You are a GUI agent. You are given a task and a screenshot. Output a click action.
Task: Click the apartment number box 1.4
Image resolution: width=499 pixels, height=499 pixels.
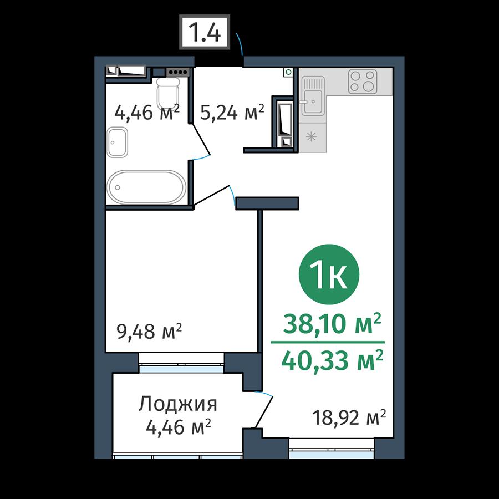pyautogui.click(x=204, y=32)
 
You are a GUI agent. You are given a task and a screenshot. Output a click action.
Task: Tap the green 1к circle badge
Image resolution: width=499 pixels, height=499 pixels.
pyautogui.click(x=329, y=274)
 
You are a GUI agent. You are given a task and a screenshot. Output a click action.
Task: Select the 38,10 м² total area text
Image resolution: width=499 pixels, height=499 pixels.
pyautogui.click(x=332, y=323)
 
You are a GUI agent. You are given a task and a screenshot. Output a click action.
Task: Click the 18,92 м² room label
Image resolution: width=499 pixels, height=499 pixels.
pyautogui.click(x=349, y=417)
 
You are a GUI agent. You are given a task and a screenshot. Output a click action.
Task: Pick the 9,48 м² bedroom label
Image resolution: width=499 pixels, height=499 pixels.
pyautogui.click(x=150, y=332)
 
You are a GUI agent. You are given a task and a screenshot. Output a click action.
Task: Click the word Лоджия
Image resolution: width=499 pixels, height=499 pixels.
pyautogui.click(x=178, y=404)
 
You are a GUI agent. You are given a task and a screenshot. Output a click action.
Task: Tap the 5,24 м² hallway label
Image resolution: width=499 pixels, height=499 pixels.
pyautogui.click(x=232, y=112)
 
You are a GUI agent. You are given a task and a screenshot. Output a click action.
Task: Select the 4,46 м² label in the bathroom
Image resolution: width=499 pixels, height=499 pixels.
pyautogui.click(x=147, y=112)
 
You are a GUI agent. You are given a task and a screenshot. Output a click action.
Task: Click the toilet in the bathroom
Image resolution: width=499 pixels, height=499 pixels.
pyautogui.click(x=168, y=93)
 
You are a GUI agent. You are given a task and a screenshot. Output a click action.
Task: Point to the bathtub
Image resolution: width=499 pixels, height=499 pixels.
pyautogui.click(x=146, y=187)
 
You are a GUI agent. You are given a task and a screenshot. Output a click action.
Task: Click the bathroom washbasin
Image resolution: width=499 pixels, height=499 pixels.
pyautogui.click(x=117, y=142)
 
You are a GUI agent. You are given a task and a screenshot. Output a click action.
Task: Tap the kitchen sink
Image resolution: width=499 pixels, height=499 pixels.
pyautogui.click(x=313, y=96)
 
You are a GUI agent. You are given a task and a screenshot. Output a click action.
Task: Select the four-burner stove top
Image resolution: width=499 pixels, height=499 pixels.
pyautogui.click(x=363, y=82)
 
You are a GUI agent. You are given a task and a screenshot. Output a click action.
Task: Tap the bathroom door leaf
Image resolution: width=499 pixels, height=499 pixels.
pyautogui.click(x=201, y=140)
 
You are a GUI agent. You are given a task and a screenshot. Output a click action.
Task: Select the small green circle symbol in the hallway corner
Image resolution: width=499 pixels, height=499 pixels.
pyautogui.click(x=288, y=72)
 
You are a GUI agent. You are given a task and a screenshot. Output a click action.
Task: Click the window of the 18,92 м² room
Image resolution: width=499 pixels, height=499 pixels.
pyautogui.click(x=332, y=449)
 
